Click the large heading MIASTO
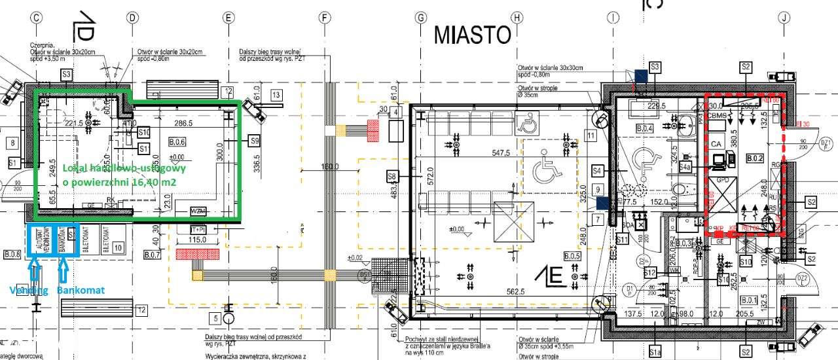pos(473,34)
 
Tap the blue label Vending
pos(27,289)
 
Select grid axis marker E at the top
pos(228,18)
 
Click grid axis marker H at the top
pos(517,18)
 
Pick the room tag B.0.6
pos(177,141)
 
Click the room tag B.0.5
pos(572,255)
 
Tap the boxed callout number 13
pos(276,96)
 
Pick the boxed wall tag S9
pos(254,139)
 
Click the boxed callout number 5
pos(214,319)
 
